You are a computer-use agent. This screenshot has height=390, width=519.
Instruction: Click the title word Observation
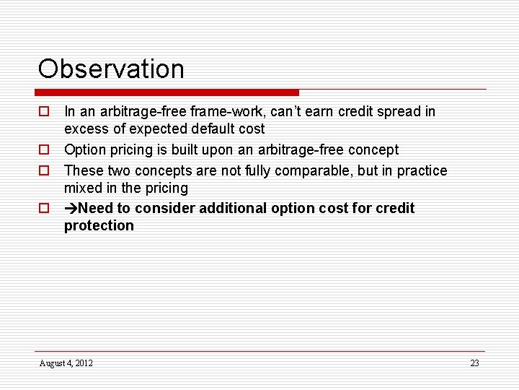[111, 69]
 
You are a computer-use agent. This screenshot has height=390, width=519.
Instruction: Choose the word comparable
[316, 171]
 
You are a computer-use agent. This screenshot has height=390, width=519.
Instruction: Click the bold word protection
[99, 226]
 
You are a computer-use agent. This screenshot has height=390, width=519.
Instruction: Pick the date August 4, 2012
[66, 363]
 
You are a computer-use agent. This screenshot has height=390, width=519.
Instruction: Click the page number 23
[474, 363]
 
